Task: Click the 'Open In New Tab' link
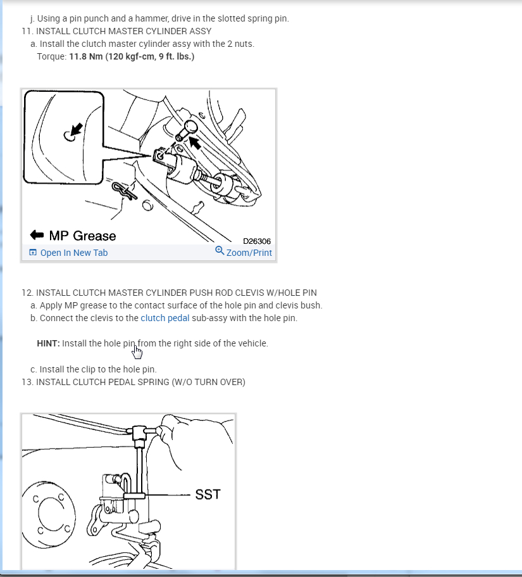(73, 253)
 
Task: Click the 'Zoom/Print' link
(249, 253)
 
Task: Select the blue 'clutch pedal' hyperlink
(165, 318)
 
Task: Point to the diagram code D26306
(258, 241)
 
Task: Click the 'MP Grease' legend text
(82, 236)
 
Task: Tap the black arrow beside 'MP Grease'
(36, 236)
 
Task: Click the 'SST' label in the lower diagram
(208, 495)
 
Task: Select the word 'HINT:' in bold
(48, 343)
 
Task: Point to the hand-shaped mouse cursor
(137, 350)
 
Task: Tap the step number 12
(27, 293)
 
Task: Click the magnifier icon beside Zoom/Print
(220, 251)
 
